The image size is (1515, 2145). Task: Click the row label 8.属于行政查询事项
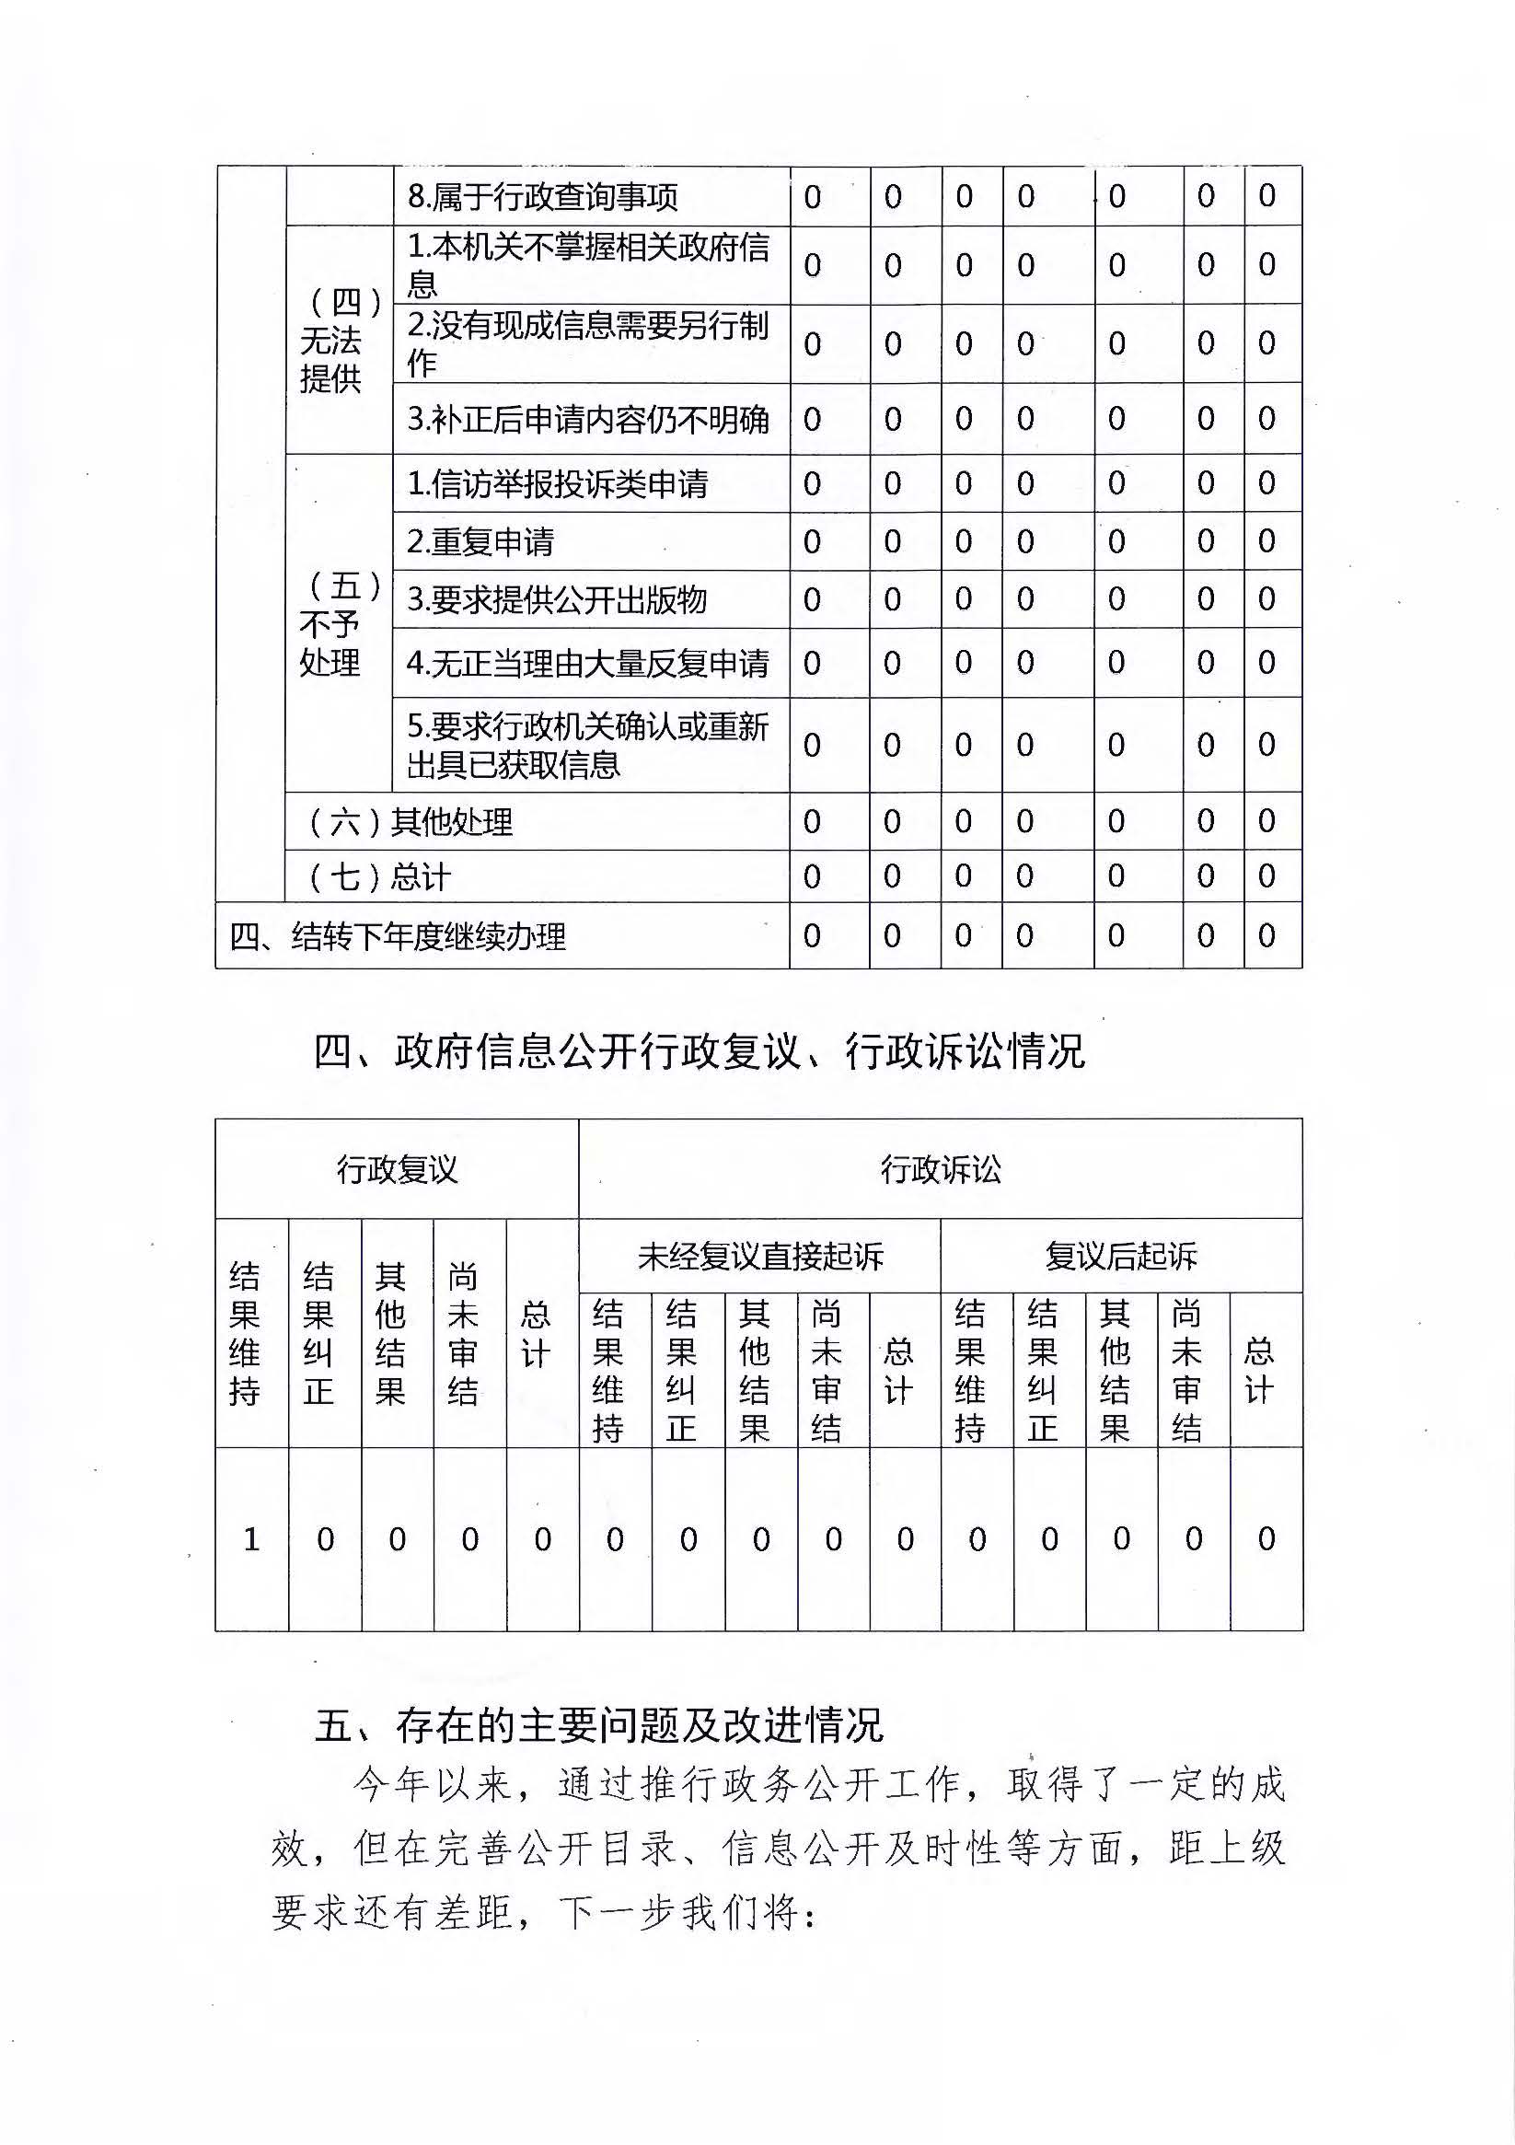543,196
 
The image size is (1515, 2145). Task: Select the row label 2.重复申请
481,542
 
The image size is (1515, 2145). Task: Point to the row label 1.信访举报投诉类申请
558,484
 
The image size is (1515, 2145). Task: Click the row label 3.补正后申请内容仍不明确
588,420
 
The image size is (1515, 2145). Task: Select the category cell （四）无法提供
339,340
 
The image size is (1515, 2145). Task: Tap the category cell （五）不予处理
339,624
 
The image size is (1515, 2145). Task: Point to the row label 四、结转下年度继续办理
398,936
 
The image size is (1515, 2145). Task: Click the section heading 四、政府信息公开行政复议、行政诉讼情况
700,1052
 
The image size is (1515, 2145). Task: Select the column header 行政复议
397,1170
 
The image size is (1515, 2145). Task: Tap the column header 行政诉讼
941,1170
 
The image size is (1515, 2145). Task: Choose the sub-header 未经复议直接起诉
760,1257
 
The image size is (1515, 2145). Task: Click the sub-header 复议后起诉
1121,1257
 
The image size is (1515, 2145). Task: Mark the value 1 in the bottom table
251,1538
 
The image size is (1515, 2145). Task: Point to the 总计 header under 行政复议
535,1333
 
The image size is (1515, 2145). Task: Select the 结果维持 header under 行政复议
245,1333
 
